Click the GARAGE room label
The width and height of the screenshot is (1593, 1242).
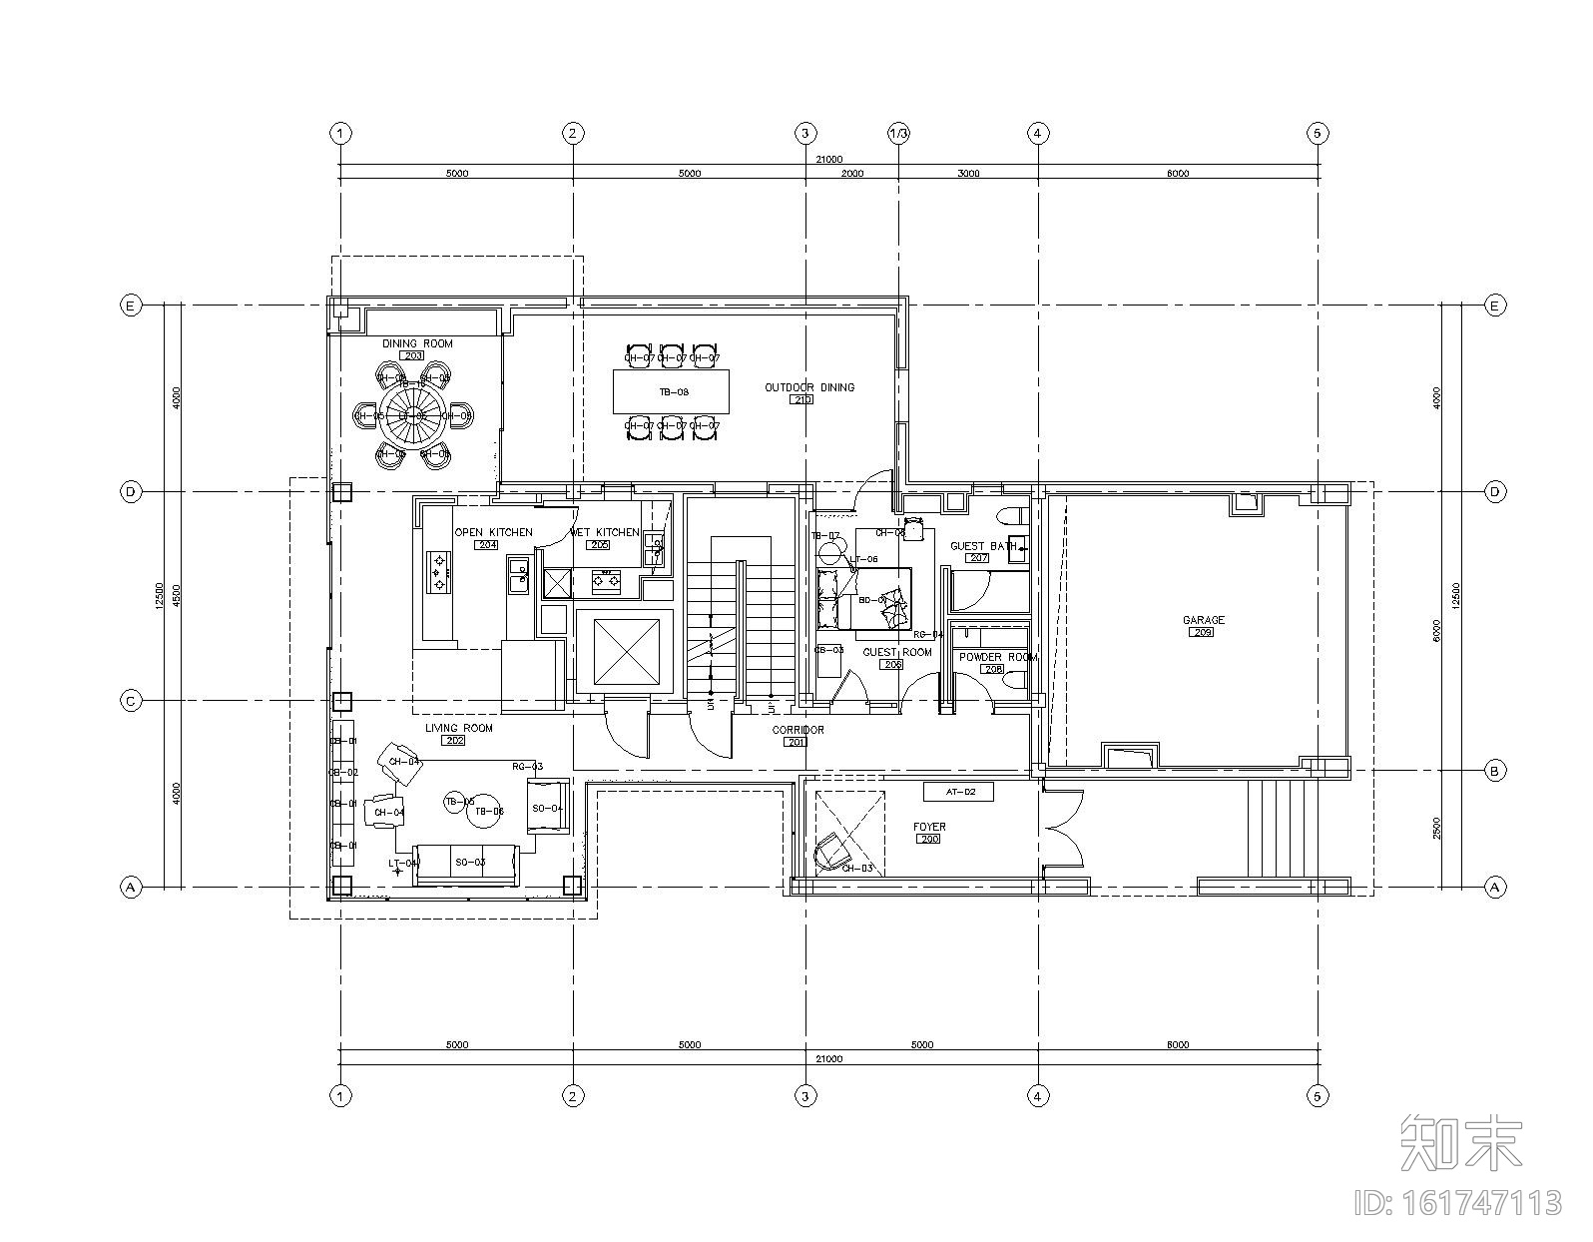pos(1203,620)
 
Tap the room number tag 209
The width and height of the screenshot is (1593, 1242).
pos(1202,632)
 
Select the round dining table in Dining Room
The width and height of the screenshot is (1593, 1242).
pos(412,415)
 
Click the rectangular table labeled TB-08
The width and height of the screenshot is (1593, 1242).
pos(671,391)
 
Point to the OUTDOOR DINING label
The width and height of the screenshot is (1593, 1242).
pos(809,387)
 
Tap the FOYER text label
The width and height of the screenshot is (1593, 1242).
pos(929,827)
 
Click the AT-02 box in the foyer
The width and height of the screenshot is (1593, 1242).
pos(956,792)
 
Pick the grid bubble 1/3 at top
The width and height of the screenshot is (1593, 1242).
pos(898,133)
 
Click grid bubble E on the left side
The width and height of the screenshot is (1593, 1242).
pos(131,306)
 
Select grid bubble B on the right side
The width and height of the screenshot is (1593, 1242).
pos(1494,771)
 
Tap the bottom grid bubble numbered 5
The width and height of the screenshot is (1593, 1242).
pos(1317,1096)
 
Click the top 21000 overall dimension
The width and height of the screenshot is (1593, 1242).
pos(828,159)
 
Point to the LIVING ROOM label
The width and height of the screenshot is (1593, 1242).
pos(459,728)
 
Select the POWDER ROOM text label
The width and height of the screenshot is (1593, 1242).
pos(997,657)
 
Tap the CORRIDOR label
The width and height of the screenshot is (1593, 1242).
pos(797,730)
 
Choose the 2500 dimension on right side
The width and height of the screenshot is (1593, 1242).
pos(1436,828)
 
